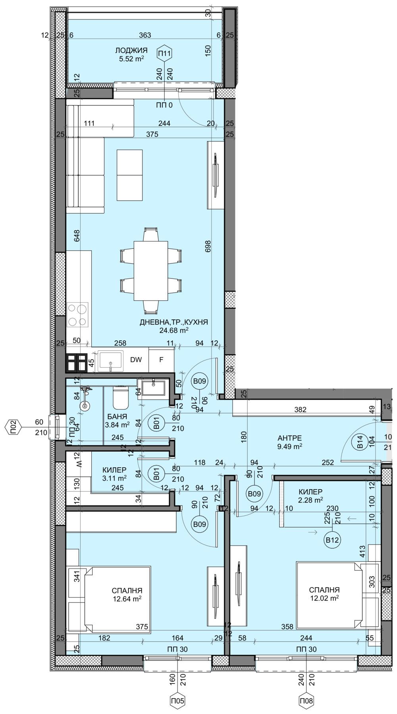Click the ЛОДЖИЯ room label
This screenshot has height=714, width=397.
(131, 51)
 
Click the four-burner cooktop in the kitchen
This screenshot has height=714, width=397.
(78, 315)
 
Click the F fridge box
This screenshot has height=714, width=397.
(161, 360)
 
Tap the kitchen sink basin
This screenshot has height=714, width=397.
(111, 360)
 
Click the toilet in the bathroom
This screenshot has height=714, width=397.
(120, 398)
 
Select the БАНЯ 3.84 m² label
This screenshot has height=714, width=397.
(117, 420)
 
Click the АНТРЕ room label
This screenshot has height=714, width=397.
(290, 438)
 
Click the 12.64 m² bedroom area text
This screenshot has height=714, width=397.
(127, 598)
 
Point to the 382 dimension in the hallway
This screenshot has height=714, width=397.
(301, 410)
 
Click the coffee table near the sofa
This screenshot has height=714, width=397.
(129, 175)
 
